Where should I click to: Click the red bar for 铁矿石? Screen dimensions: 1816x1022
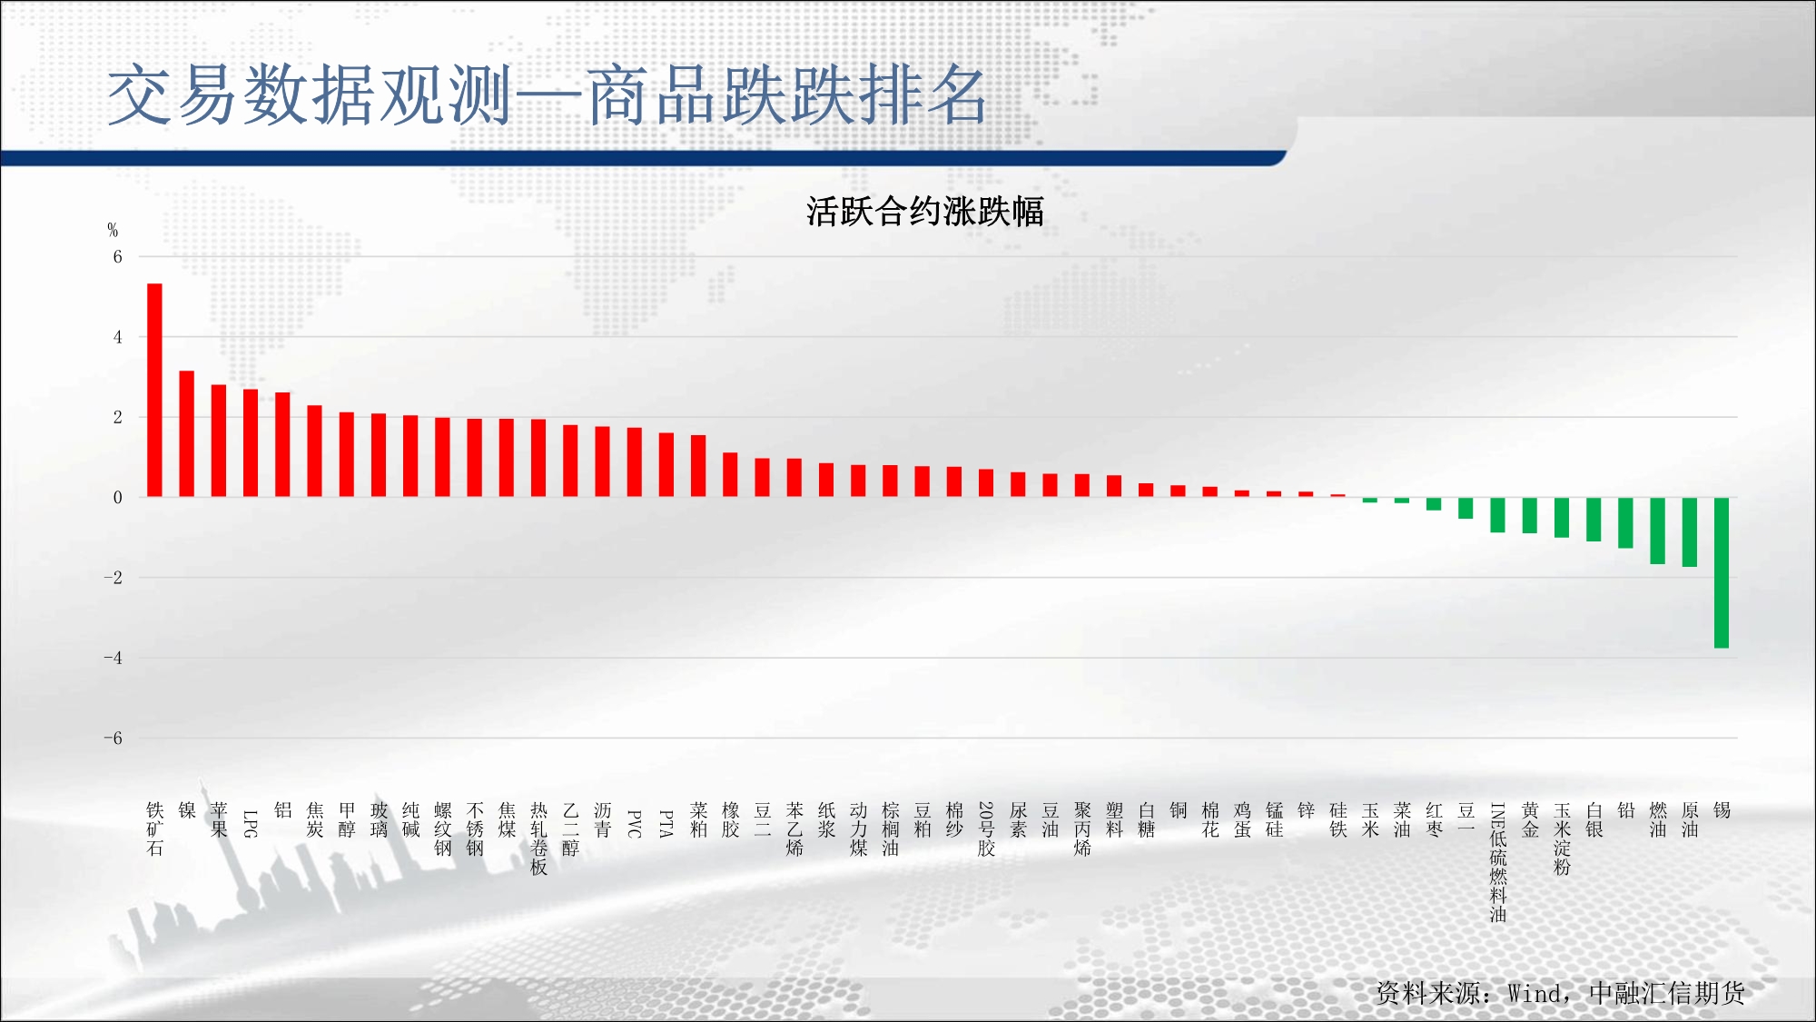coord(154,390)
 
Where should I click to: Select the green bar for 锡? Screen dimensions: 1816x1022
coord(1722,572)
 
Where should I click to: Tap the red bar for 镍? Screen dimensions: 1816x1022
coord(187,433)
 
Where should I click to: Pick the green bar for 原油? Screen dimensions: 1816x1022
coord(1690,532)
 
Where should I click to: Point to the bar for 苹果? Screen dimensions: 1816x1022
coord(219,441)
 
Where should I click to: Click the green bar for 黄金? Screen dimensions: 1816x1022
coord(1530,515)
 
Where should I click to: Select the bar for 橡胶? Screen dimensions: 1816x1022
coord(730,474)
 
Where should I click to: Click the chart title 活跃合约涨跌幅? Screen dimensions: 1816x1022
coord(924,212)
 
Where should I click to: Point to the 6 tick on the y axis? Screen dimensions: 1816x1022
coord(117,257)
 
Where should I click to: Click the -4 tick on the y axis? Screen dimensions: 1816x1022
coord(113,658)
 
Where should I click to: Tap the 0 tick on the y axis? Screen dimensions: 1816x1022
coord(117,498)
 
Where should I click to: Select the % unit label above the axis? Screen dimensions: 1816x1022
coord(113,230)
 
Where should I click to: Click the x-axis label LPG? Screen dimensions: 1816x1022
coord(251,823)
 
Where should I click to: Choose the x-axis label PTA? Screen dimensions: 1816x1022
coord(666,823)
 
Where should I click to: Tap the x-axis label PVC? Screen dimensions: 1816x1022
coord(635,823)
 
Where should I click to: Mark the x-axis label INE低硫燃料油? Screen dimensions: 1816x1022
coord(1498,862)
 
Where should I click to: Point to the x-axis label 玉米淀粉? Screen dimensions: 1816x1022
coord(1562,838)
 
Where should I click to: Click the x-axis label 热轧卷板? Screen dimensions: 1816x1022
coord(539,838)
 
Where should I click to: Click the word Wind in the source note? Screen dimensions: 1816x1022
coord(1535,994)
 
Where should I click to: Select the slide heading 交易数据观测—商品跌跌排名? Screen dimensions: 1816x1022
coord(547,94)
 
